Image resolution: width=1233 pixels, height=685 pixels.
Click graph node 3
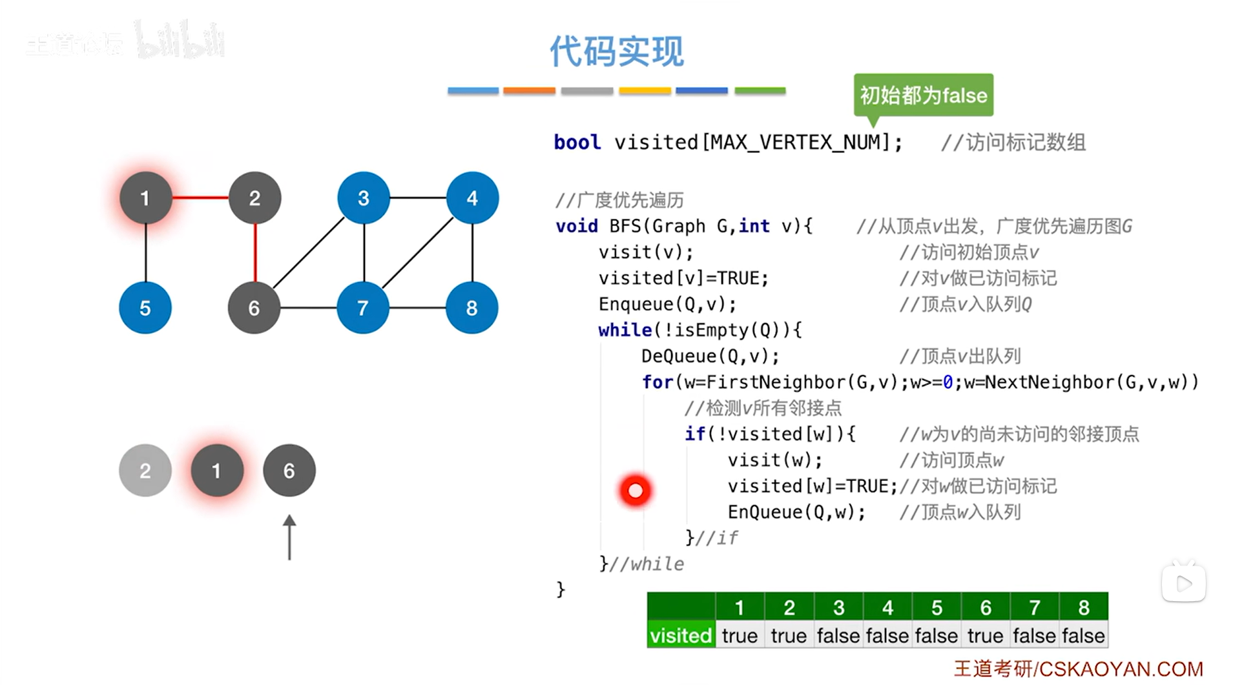pos(364,198)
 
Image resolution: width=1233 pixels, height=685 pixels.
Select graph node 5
pos(145,308)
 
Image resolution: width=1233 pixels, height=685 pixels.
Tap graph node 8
pos(472,308)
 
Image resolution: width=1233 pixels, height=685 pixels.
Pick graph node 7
pos(363,308)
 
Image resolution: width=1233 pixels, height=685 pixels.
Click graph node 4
pos(472,198)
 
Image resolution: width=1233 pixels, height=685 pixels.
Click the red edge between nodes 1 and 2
pos(200,198)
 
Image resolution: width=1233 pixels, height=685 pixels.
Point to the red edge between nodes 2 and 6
pos(255,252)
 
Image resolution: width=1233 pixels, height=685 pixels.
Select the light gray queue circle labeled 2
pos(145,471)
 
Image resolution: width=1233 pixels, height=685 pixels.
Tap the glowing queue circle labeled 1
pos(217,471)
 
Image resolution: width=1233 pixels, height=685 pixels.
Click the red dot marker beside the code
pos(636,491)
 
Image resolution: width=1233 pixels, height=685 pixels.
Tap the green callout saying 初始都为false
pos(923,95)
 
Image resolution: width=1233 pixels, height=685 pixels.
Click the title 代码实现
pos(616,52)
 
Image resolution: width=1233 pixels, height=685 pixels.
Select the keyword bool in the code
pos(577,142)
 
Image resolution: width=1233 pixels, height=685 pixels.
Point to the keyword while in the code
pos(625,330)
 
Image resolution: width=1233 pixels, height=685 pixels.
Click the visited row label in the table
pos(681,635)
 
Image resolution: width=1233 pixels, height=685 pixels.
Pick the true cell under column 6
pos(985,635)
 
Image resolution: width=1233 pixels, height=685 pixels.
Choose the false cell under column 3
pos(838,635)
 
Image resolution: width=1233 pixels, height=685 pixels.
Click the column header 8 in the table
pos(1083,607)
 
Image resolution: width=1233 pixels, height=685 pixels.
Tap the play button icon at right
pos(1183,584)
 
